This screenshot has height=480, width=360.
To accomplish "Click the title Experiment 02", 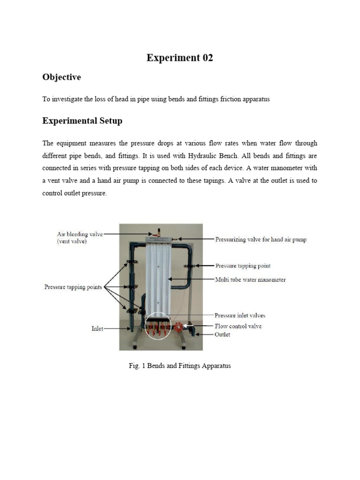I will (180, 58).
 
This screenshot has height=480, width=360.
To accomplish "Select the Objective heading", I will (61, 77).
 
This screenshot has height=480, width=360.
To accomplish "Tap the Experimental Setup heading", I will (82, 121).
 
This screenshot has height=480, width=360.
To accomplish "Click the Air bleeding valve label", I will (79, 234).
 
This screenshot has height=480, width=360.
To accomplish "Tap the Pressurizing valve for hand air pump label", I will (261, 240).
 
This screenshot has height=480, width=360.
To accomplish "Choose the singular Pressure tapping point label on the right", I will (242, 266).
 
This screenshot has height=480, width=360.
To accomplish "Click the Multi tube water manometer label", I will (250, 280).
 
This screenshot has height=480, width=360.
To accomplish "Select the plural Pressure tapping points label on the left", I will (73, 286).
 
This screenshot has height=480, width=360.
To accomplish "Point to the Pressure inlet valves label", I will (240, 315).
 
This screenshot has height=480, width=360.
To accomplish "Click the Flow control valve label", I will (238, 326).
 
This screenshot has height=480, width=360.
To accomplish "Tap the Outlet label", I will (222, 335).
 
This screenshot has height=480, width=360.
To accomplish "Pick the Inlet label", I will (97, 329).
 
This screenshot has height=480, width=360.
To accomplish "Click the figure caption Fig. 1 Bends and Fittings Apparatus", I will (180, 366).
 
